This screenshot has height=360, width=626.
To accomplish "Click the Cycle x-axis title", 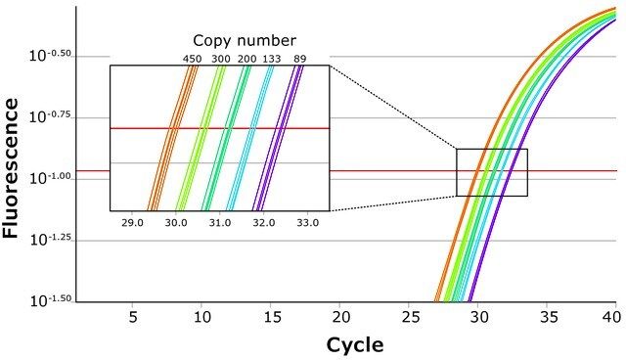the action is (355, 344).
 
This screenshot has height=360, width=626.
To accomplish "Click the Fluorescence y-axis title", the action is (11, 167).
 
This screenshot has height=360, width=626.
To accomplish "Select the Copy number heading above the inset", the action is (245, 41).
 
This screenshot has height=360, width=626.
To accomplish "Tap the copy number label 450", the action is (192, 59).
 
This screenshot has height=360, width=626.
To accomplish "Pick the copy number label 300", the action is (221, 59).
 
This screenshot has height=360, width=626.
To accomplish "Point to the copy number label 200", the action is (247, 59).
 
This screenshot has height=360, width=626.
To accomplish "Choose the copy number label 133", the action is (272, 59).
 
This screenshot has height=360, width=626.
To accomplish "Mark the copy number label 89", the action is (300, 59).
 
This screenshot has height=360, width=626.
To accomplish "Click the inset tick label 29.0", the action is (132, 222).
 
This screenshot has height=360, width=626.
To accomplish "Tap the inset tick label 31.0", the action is (220, 222).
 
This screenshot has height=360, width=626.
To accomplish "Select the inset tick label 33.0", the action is (308, 222).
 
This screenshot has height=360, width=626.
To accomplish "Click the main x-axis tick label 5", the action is (133, 317).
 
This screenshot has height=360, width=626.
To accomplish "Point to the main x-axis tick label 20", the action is (341, 317).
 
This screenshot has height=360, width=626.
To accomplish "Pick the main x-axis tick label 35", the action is (549, 317).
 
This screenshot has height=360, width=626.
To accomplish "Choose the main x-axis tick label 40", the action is (612, 317).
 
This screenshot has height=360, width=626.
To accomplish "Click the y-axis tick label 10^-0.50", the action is (50, 56).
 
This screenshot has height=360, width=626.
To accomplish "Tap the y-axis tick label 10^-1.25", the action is (50, 240).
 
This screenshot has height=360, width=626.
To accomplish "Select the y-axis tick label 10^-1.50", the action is (50, 300).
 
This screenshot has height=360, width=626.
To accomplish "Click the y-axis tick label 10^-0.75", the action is (50, 117).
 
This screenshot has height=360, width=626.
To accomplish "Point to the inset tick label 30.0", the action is (176, 222).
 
